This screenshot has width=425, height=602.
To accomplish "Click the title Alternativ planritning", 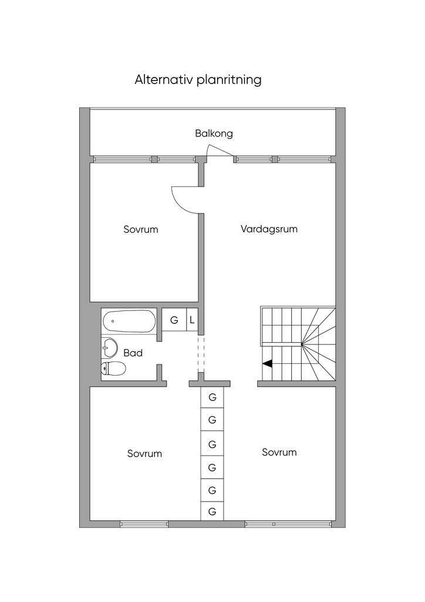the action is [198, 80].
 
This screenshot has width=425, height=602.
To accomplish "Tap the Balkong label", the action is [214, 133].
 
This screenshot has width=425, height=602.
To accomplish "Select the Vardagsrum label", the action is [269, 229].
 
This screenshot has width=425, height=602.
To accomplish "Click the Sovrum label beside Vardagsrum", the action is [141, 230].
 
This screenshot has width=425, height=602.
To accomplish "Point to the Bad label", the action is [133, 353].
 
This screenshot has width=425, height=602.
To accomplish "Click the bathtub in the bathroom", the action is [129, 322].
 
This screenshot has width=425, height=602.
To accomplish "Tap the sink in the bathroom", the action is [109, 347].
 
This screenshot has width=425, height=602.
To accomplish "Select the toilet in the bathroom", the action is [113, 369].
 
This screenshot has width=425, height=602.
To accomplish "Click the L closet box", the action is [192, 319].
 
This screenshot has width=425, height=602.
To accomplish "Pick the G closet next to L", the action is [174, 319].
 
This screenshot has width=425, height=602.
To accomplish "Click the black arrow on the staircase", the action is [268, 363].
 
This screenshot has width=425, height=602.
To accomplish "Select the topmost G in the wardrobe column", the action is [212, 397].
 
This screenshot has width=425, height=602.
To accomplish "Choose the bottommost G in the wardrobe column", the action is [212, 511].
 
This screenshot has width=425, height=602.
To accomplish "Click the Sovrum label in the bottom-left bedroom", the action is [144, 453].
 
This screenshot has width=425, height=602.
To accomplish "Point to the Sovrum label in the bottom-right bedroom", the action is [279, 452].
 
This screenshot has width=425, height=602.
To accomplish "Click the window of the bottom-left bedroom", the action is [144, 524].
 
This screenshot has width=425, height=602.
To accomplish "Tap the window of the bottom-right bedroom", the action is [288, 524].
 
